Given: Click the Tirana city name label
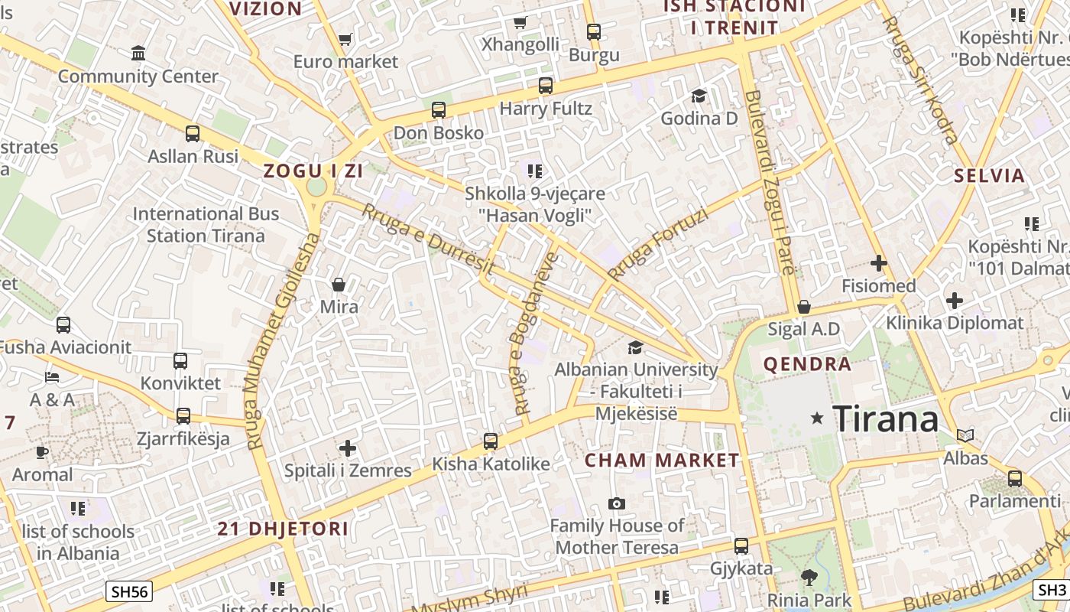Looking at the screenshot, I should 885,419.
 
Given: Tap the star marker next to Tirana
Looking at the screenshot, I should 817,418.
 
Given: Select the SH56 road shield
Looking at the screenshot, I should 130,591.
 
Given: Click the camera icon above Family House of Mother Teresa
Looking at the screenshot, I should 616,503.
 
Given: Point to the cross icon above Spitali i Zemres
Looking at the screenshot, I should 348,448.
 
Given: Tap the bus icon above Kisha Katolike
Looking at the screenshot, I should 491,441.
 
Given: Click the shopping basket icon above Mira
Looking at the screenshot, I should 339,285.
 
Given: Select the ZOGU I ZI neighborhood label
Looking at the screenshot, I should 313,171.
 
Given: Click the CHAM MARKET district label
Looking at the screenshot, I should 662,461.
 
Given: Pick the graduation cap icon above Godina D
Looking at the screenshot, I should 699,96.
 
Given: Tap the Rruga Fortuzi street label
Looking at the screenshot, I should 657,244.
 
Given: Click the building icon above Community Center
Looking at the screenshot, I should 138,54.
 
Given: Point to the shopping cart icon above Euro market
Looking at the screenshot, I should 345,39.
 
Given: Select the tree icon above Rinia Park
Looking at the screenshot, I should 809,577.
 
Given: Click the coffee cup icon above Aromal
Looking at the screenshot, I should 42,452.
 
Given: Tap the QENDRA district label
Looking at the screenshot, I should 807,364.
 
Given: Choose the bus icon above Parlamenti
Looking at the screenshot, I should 1015,479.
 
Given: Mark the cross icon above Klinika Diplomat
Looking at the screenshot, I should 954,301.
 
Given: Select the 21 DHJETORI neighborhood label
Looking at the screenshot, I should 283,529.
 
